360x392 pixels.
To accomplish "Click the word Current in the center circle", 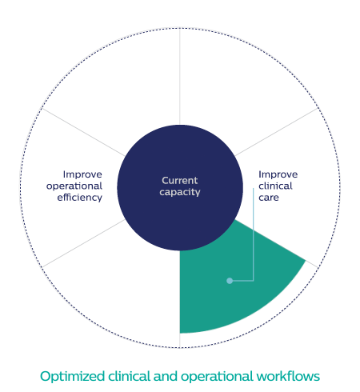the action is tap(180, 181).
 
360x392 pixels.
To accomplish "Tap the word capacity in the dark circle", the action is tap(180, 192).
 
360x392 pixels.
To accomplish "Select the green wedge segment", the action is tap(234, 282).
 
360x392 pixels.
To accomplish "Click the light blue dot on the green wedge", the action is tap(230, 281).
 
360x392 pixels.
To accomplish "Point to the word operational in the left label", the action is tap(74, 186).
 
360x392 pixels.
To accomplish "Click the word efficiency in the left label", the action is tap(79, 198).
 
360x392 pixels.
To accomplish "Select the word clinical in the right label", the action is tap(275, 186).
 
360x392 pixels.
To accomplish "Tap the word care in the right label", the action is tap(269, 198).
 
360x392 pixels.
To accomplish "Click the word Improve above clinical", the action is tap(278, 174).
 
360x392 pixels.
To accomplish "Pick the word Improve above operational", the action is tap(82, 174).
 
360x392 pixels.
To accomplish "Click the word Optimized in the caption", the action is tap(72, 377).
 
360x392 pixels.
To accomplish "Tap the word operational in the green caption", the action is tap(217, 377).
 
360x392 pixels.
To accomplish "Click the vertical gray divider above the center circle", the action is tap(180, 77).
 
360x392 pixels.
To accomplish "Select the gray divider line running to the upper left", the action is tap(83, 132).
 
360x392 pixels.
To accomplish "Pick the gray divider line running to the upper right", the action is tap(277, 132).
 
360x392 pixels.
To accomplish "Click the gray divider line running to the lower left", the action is tap(83, 243).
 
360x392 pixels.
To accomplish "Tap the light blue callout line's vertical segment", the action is tap(254, 234).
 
